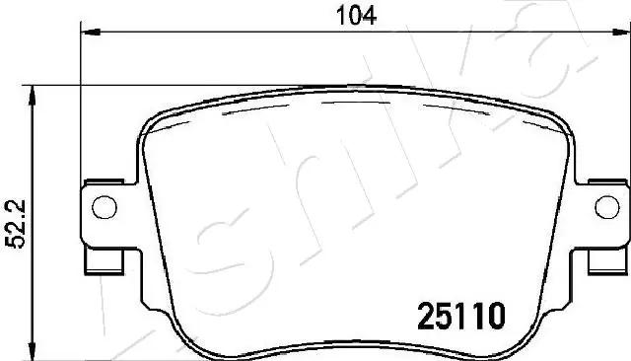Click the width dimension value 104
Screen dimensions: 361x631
click(x=356, y=15)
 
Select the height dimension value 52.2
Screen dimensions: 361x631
click(x=12, y=218)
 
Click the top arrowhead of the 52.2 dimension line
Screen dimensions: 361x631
click(x=35, y=92)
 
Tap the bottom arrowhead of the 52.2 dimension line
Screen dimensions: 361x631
click(x=35, y=350)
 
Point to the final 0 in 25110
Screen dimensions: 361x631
click(x=497, y=316)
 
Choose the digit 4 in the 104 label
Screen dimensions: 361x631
click(x=370, y=15)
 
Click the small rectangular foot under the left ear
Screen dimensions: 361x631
click(x=105, y=261)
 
